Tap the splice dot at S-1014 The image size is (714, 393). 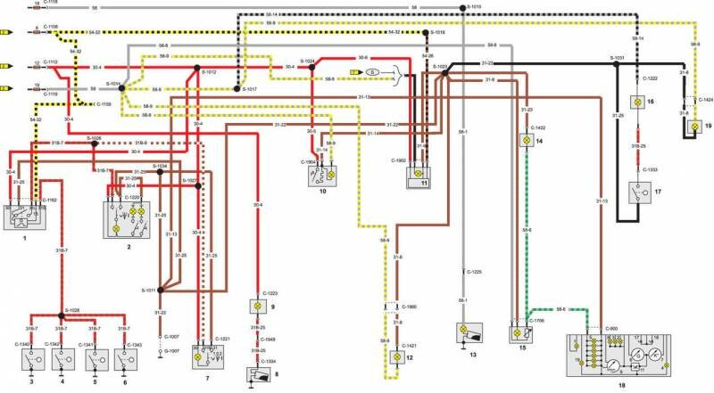pyautogui.click(x=122, y=86)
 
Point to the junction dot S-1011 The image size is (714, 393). pyautogui.click(x=160, y=290)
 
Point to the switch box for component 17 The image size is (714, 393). pyautogui.click(x=639, y=193)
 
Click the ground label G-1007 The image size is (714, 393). pyautogui.click(x=170, y=351)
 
